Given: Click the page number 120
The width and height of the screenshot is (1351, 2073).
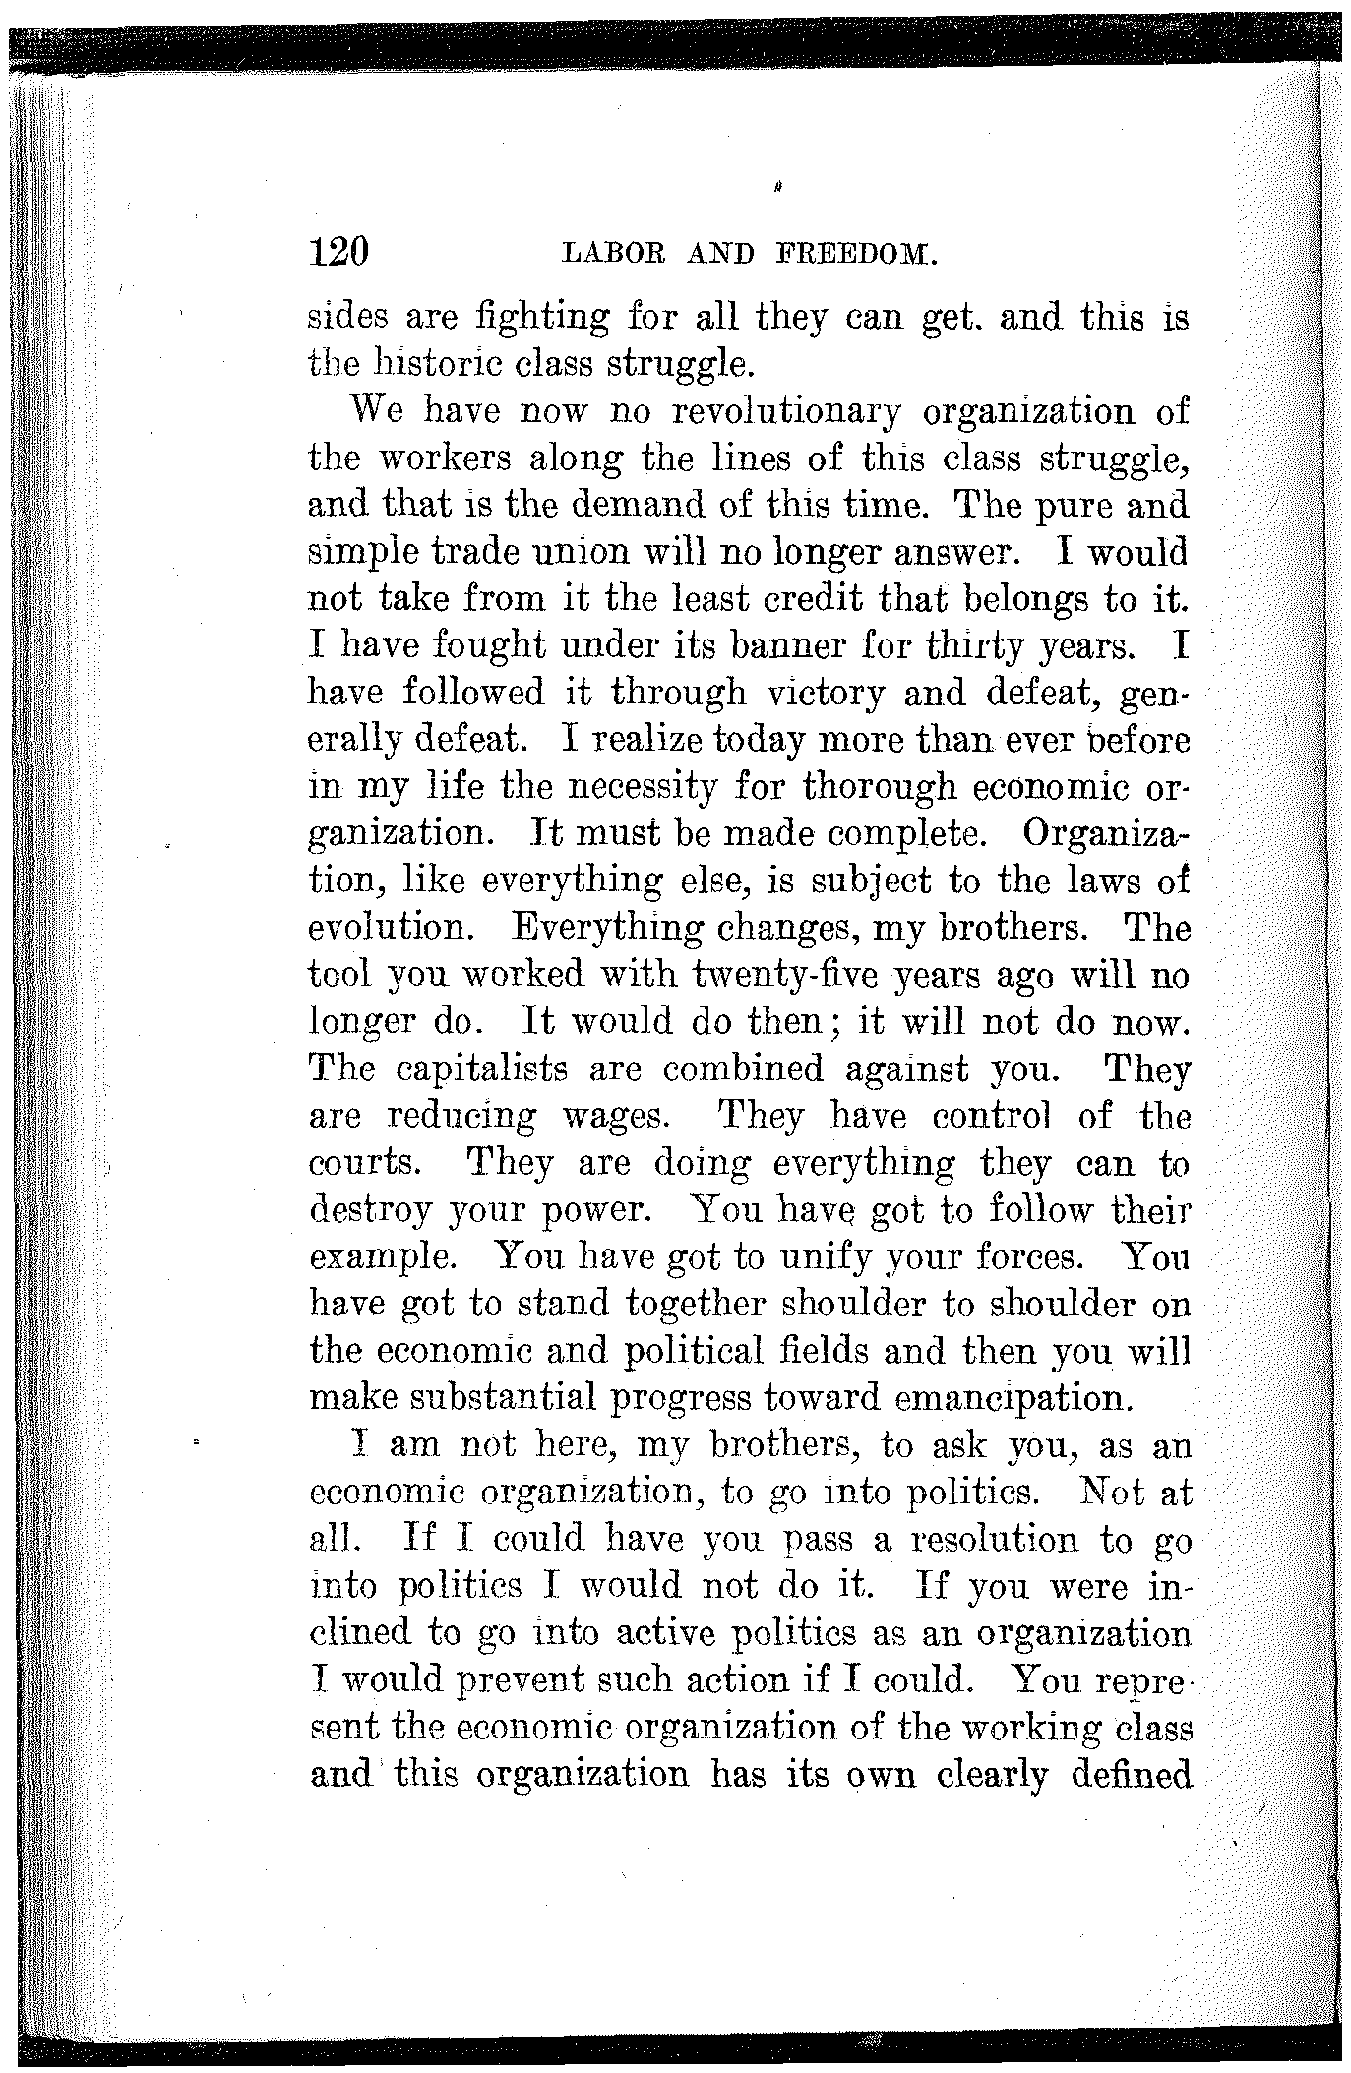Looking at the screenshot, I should click(x=338, y=254).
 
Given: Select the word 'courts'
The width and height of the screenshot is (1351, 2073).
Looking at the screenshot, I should click(x=364, y=1163).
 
